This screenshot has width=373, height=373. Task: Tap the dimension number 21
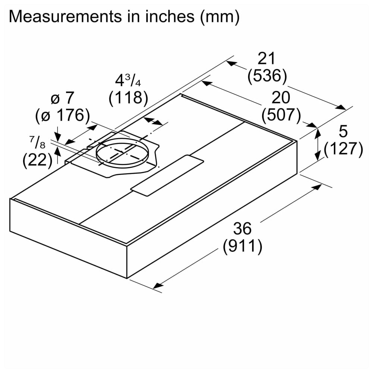pyautogui.click(x=266, y=59)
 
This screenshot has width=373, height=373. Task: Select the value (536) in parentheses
pyautogui.click(x=267, y=76)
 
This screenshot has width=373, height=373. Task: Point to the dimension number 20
pyautogui.click(x=281, y=98)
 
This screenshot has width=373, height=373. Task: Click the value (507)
pyautogui.click(x=281, y=115)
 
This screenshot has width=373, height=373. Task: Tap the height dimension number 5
pyautogui.click(x=343, y=132)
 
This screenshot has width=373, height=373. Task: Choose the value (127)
pyautogui.click(x=343, y=149)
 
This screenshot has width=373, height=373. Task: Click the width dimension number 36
pyautogui.click(x=242, y=228)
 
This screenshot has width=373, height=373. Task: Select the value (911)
pyautogui.click(x=242, y=246)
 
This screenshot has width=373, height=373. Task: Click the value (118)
pyautogui.click(x=129, y=98)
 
